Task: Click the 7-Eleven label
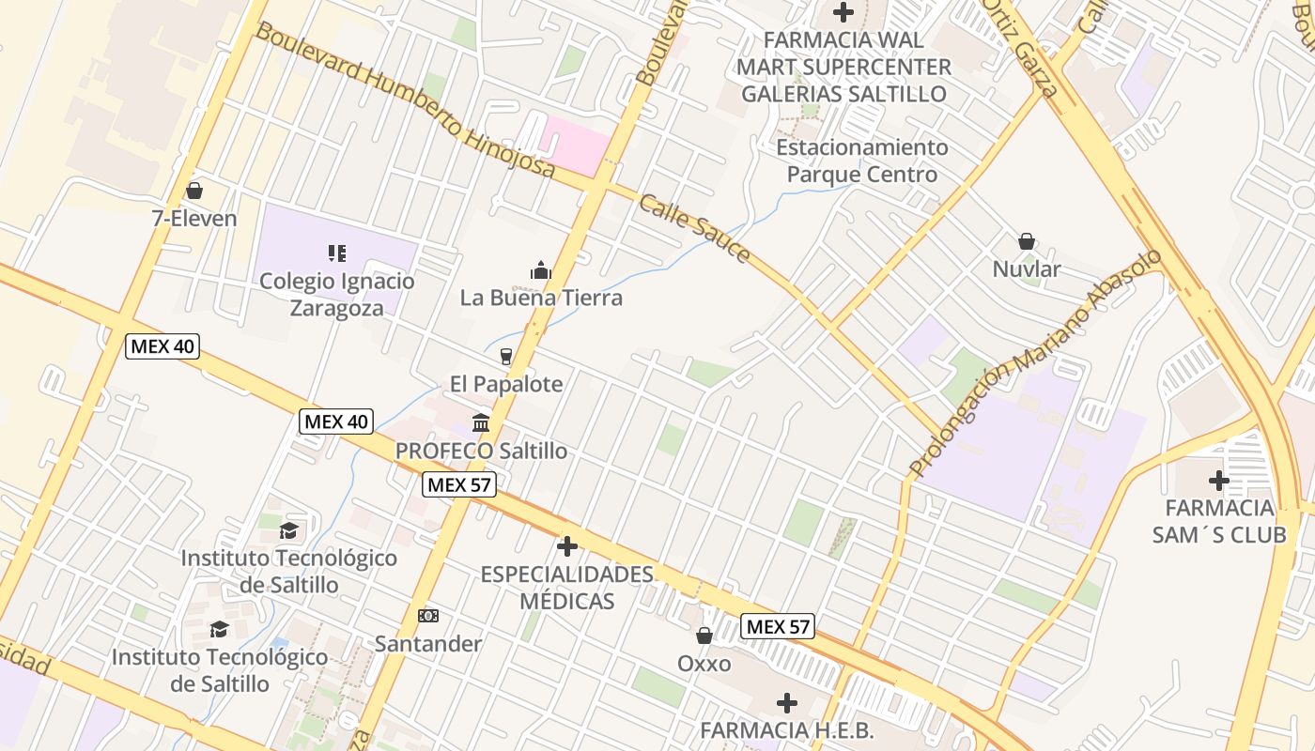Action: (194, 219)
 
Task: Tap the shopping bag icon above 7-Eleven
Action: (194, 192)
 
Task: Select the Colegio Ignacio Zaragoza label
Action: (337, 294)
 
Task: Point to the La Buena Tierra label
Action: (541, 298)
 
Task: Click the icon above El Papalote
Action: (506, 357)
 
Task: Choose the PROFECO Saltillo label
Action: (481, 451)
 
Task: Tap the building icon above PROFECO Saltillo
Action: (481, 422)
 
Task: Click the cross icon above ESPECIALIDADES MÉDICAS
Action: (566, 546)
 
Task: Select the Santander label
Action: (428, 644)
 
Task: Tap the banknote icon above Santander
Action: (428, 616)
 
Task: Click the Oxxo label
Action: (704, 664)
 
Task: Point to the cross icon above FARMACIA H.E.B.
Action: (787, 702)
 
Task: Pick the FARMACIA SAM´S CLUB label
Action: (1219, 521)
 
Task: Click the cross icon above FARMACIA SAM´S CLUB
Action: (1219, 481)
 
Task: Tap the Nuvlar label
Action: (1027, 269)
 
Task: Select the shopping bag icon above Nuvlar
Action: (1027, 241)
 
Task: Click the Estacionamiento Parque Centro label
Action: (862, 161)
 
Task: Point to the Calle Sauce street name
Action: (695, 228)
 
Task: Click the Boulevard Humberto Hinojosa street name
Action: (405, 101)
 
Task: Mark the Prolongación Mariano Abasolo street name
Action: (1035, 362)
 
